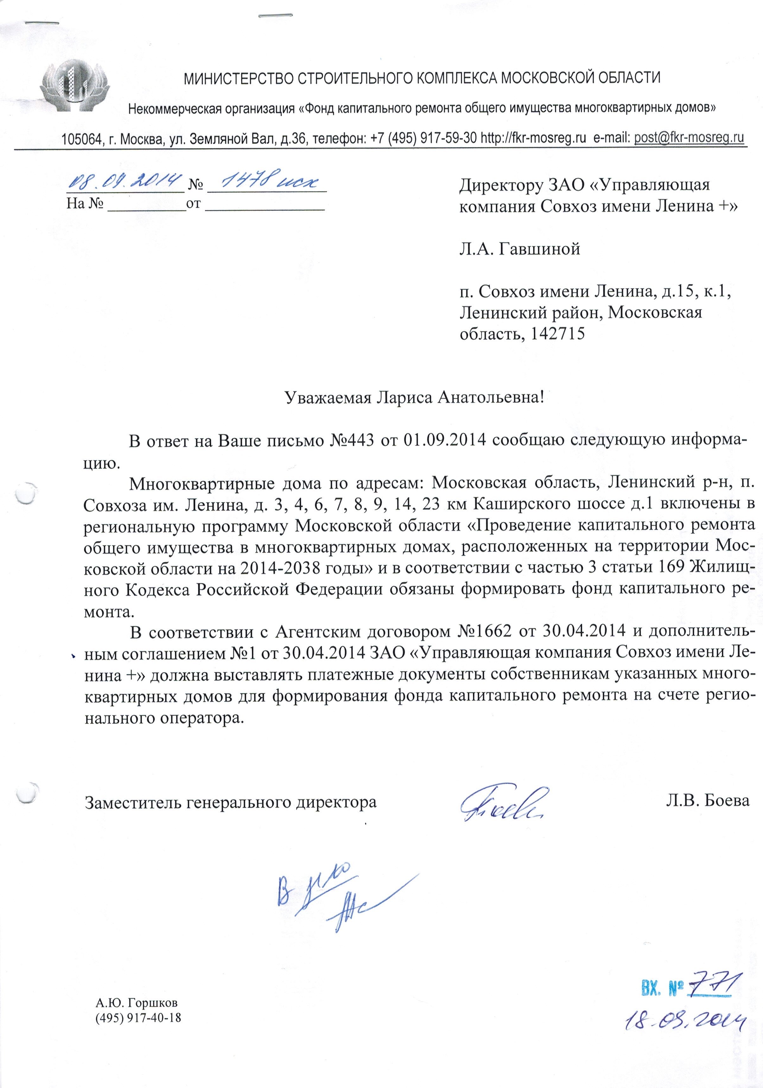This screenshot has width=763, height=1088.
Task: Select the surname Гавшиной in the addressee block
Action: tap(539, 249)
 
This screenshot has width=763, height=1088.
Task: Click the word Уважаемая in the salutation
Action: tap(327, 397)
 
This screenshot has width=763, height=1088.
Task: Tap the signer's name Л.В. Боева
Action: tap(707, 801)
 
